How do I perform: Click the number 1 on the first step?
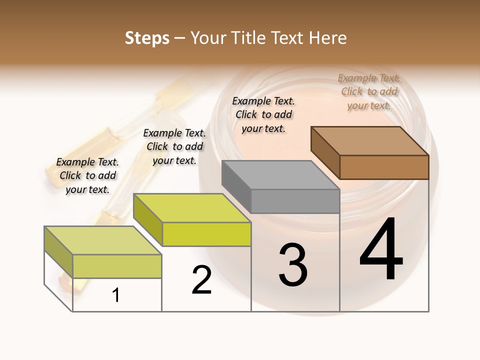tap(116, 295)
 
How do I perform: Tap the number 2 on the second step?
tap(201, 280)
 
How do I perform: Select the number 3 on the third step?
tap(293, 265)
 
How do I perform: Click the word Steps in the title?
tap(147, 38)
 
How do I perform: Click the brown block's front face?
tap(384, 167)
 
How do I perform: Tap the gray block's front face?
tap(295, 201)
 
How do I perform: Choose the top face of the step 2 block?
tap(192, 208)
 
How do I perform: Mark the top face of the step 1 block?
tap(103, 240)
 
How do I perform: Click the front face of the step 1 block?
tap(117, 266)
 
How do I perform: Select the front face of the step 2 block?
tap(206, 234)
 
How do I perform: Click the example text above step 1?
tap(87, 175)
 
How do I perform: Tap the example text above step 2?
tap(174, 146)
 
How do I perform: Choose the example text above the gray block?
tap(263, 114)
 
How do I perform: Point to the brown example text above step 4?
tap(369, 91)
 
